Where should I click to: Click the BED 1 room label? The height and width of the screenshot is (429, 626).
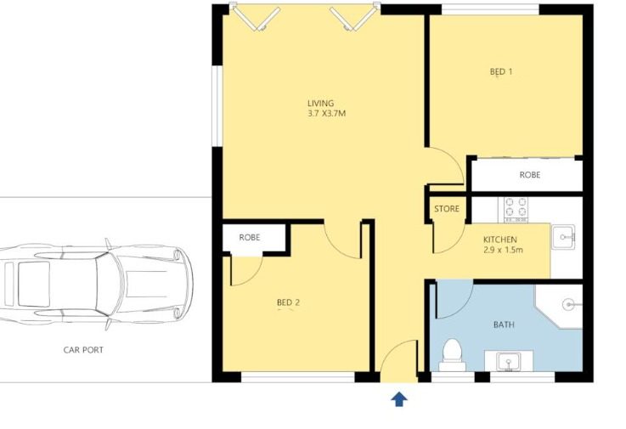(x=501, y=72)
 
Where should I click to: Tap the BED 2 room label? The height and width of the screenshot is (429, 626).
(x=288, y=302)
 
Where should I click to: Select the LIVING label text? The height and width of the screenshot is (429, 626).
(x=320, y=104)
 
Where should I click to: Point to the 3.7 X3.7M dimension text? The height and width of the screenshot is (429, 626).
(x=326, y=114)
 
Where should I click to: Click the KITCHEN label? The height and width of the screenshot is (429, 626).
(x=499, y=240)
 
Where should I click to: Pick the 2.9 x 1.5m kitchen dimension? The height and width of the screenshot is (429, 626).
(x=503, y=251)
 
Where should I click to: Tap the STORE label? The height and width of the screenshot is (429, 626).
(x=447, y=209)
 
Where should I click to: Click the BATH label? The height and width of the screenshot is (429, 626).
(x=504, y=325)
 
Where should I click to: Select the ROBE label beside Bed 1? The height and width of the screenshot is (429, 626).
(x=530, y=175)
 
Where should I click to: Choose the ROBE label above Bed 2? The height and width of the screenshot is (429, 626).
(x=250, y=238)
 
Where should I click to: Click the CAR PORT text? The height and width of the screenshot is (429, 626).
(x=83, y=350)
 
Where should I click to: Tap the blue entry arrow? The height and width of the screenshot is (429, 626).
(x=399, y=399)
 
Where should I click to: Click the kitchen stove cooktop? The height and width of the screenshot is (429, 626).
(x=516, y=210)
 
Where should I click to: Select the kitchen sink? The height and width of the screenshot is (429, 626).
(x=563, y=237)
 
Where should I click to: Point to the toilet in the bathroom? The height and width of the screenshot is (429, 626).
(x=452, y=355)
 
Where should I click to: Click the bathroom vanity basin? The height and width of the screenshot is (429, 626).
(x=508, y=362)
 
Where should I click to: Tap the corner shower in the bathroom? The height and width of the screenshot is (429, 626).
(x=560, y=306)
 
